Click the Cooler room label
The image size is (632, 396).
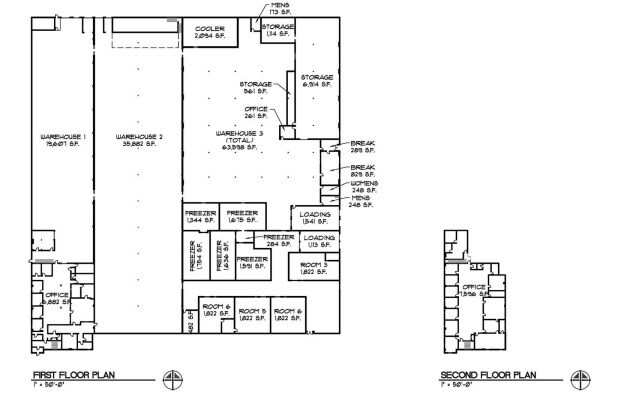coord(210,31)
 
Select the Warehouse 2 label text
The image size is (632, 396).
coord(138,140)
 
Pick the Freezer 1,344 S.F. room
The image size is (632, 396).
coord(198,217)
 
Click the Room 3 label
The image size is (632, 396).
coord(307,266)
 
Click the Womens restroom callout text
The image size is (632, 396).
coord(363,186)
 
